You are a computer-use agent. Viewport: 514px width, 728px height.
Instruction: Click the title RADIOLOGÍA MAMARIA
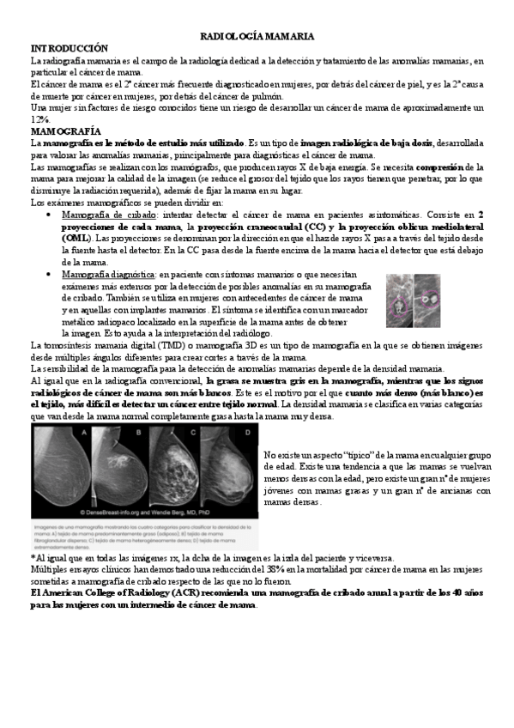(257, 37)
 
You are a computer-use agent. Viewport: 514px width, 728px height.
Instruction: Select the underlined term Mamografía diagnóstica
(107, 273)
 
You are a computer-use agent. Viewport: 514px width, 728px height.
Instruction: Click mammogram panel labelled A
(61, 470)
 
